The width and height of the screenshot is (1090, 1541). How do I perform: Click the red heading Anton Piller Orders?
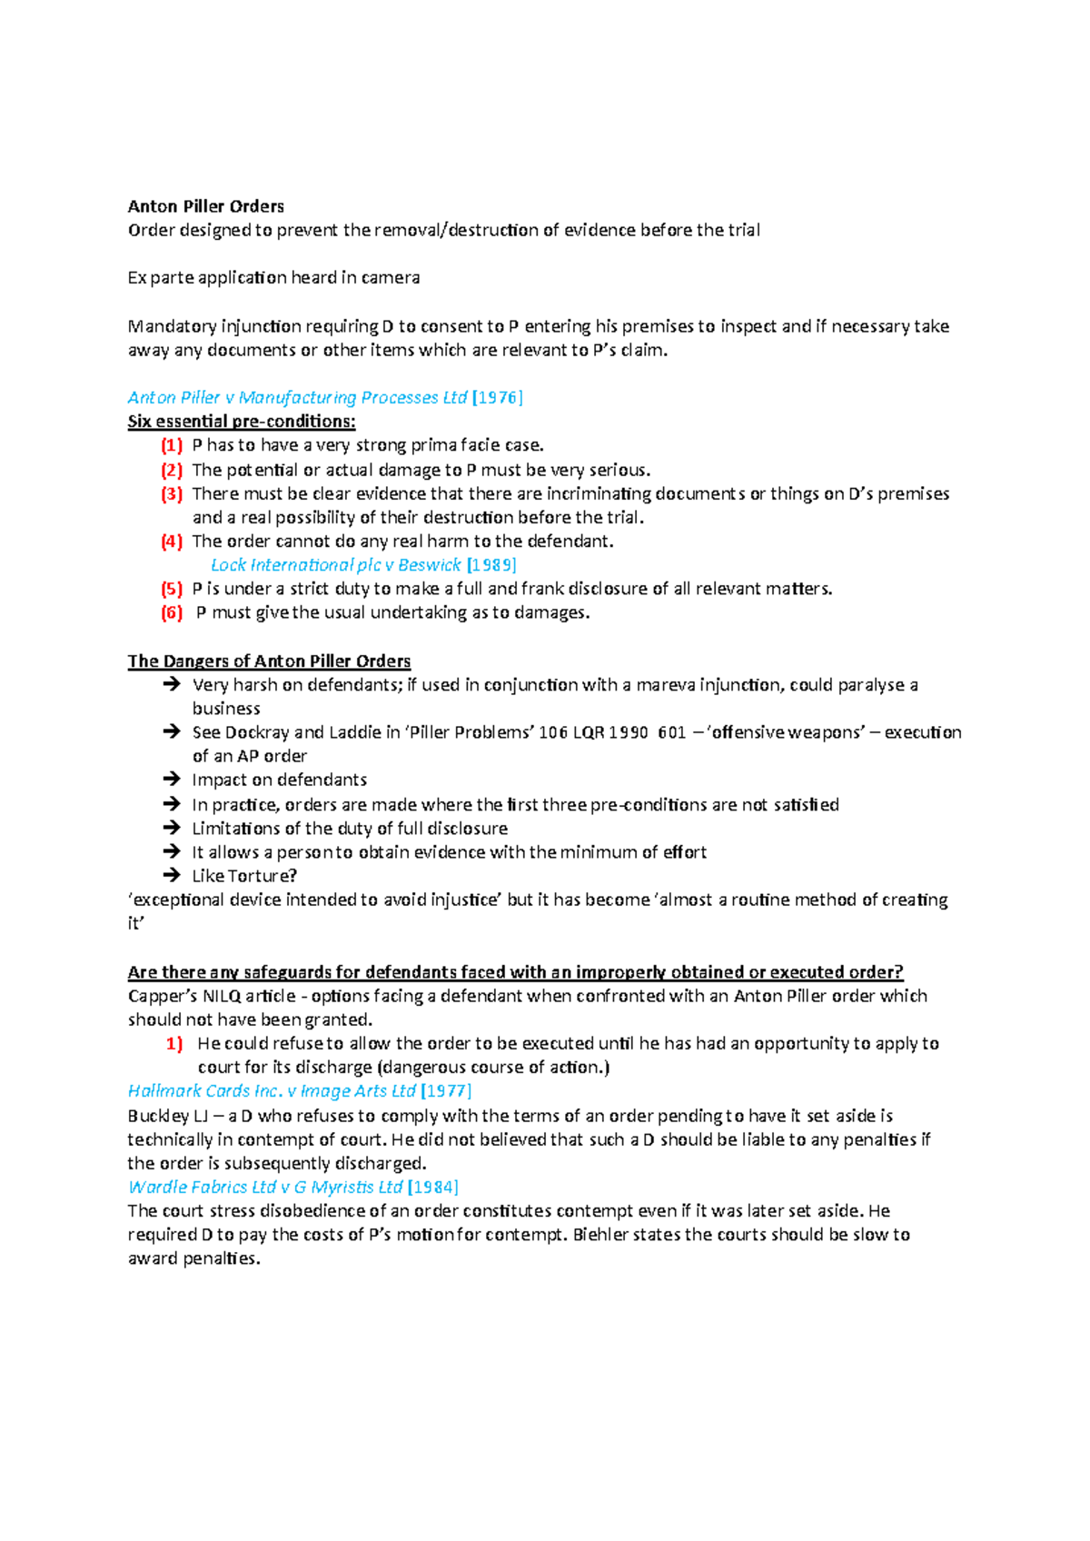[x=205, y=206]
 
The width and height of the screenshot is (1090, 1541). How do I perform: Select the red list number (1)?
[x=172, y=445]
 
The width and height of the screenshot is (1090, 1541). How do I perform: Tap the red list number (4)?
[x=172, y=542]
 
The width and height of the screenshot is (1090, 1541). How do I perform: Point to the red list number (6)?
[x=172, y=612]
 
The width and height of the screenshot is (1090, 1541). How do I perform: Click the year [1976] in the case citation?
[x=498, y=397]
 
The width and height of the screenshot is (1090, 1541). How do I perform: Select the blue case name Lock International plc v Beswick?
[x=336, y=565]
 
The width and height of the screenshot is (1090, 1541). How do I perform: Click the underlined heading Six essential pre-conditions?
[x=242, y=422]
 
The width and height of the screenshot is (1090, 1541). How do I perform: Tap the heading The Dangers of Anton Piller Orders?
[x=269, y=661]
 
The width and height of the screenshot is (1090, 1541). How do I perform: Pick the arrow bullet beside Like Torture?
[x=172, y=876]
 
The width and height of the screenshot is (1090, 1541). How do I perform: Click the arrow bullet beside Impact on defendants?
[x=172, y=780]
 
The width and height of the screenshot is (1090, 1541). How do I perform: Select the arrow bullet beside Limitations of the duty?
[x=172, y=828]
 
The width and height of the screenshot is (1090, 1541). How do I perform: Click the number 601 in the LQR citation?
[x=671, y=732]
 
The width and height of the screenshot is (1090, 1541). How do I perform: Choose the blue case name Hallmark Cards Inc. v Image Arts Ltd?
[x=272, y=1091]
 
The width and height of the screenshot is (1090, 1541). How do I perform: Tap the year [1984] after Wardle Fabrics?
[x=433, y=1188]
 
